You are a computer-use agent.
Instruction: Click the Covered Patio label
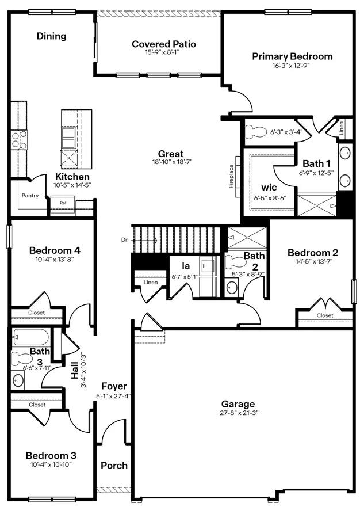tap(163, 44)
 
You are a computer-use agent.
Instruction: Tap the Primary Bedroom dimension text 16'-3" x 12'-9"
tap(292, 66)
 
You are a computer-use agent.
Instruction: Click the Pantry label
tap(30, 196)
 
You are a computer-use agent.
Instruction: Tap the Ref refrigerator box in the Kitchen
tap(63, 203)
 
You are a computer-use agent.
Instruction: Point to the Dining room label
tap(52, 36)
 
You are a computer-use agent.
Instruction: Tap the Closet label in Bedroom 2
tap(324, 315)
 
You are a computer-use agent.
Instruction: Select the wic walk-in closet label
tap(269, 188)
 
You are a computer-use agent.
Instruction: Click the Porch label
tap(114, 465)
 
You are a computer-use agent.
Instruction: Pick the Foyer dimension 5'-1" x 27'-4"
tap(114, 395)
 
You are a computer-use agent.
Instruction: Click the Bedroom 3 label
tap(51, 455)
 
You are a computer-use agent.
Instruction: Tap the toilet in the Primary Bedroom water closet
tap(254, 132)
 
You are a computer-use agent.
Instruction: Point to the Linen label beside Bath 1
tap(341, 128)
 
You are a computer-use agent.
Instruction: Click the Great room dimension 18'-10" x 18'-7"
tap(171, 162)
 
